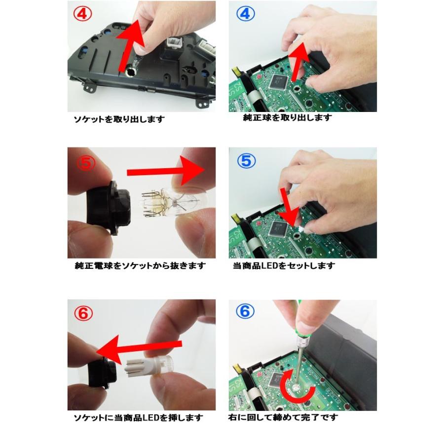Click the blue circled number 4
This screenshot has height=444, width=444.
pos(245,14)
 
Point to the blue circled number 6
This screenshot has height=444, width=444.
pos(245,312)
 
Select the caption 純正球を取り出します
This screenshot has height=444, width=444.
pos(288,118)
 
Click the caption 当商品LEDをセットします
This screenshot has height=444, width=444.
pos(284,266)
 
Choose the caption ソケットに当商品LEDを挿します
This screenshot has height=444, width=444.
pos(135,417)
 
